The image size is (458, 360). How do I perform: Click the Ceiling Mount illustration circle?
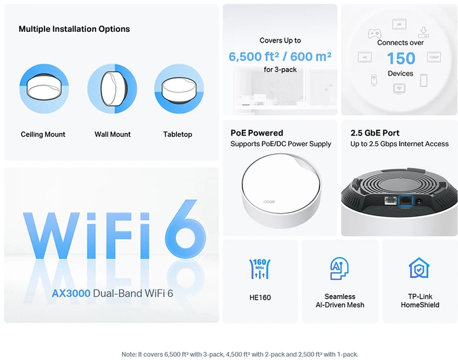(x=44, y=88)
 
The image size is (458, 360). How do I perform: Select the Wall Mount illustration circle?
(x=112, y=88)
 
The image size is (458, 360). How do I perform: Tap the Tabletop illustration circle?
(x=179, y=88)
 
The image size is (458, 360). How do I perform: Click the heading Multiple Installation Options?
(x=74, y=29)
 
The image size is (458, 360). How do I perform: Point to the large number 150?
(x=401, y=59)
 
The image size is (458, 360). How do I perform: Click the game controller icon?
(x=374, y=33)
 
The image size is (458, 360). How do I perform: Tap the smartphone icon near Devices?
(x=424, y=80)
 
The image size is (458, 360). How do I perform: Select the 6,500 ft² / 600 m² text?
(x=280, y=57)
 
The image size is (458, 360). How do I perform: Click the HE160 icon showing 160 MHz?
(x=260, y=268)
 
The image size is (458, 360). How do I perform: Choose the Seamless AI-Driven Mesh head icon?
(x=340, y=268)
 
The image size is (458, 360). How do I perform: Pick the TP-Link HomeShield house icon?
(x=419, y=268)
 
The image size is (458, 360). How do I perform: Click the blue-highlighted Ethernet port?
(x=406, y=201)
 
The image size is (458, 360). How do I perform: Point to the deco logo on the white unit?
(x=268, y=202)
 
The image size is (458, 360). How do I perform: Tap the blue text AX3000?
(x=71, y=293)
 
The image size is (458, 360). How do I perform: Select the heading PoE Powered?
(x=257, y=133)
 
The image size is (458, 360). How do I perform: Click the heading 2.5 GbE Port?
(x=375, y=133)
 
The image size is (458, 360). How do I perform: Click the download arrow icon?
(x=424, y=32)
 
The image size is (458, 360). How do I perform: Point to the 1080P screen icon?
(x=434, y=57)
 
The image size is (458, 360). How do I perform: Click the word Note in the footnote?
(x=128, y=354)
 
